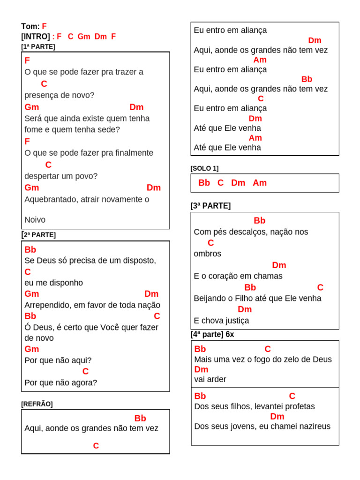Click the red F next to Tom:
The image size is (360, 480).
(45, 26)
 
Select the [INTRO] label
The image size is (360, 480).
(35, 36)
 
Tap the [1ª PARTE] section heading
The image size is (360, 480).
(38, 46)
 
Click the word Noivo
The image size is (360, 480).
(35, 219)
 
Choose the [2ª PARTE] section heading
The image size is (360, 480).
(39, 234)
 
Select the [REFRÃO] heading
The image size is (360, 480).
(37, 404)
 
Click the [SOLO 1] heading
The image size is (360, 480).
(204, 168)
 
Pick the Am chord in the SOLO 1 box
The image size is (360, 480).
(260, 183)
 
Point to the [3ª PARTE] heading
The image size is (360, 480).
(210, 206)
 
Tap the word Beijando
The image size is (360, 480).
(209, 298)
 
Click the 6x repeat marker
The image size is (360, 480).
(230, 335)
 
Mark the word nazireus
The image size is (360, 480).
(313, 426)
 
